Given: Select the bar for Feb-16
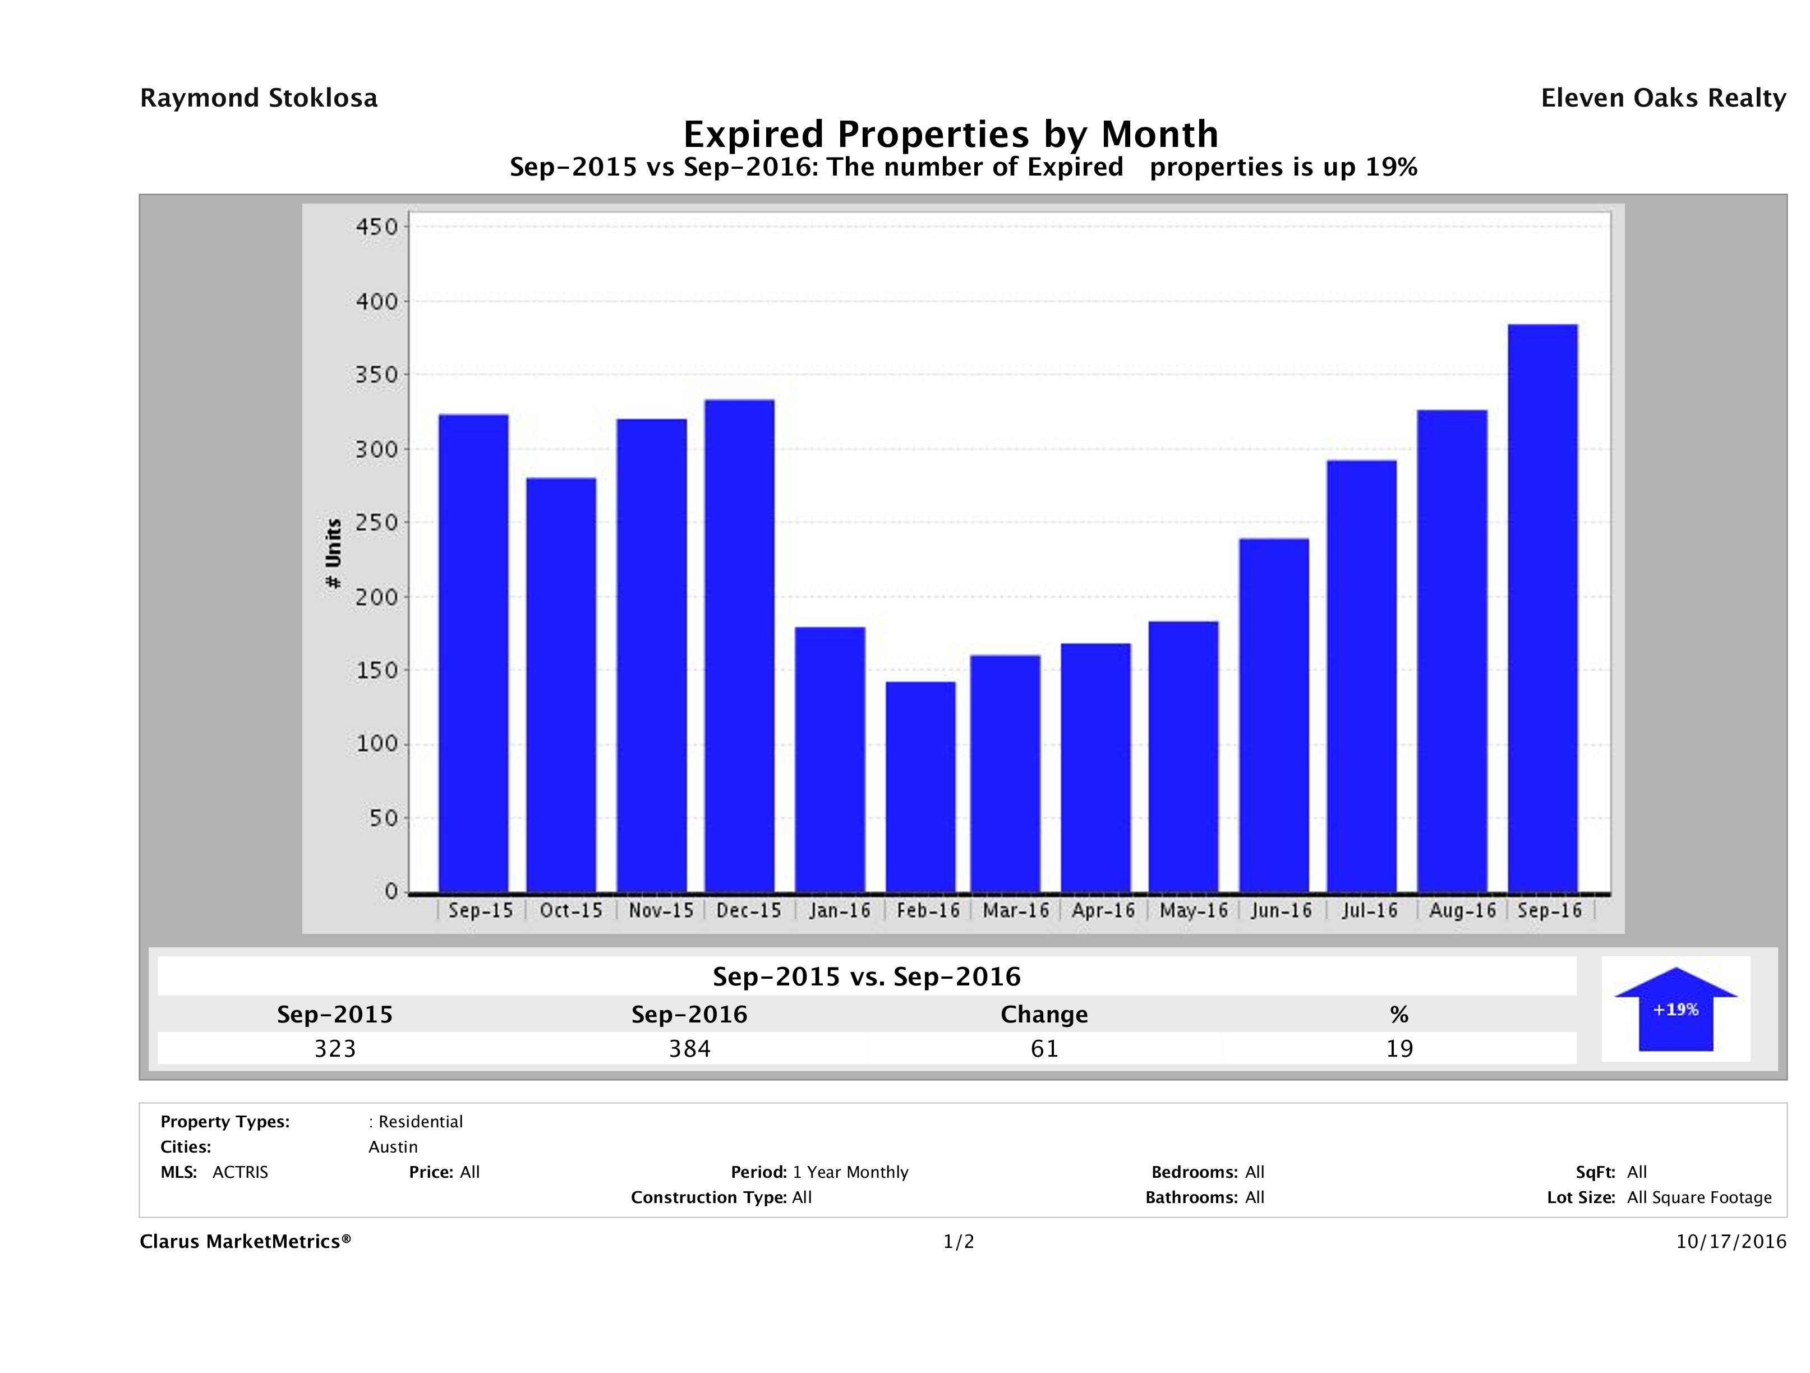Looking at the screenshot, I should [x=920, y=786].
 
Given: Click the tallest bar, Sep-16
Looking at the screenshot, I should [x=1542, y=608].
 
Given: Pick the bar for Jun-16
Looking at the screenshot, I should [x=1274, y=715].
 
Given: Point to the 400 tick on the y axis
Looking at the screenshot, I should [x=376, y=302].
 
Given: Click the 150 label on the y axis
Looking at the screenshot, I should [x=376, y=671].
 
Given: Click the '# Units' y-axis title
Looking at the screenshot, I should [x=334, y=554].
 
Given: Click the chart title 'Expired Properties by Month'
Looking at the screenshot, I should [x=951, y=134].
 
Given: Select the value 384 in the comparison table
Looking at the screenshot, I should [x=690, y=1048].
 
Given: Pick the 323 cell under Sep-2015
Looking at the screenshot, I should [x=335, y=1048].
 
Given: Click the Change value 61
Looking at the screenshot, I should [x=1044, y=1048].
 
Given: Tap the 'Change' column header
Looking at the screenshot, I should [x=1044, y=1015].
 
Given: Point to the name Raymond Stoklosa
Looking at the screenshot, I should [x=259, y=98].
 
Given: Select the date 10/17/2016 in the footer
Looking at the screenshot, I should [x=1730, y=1241].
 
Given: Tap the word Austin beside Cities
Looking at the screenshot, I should [x=393, y=1147].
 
